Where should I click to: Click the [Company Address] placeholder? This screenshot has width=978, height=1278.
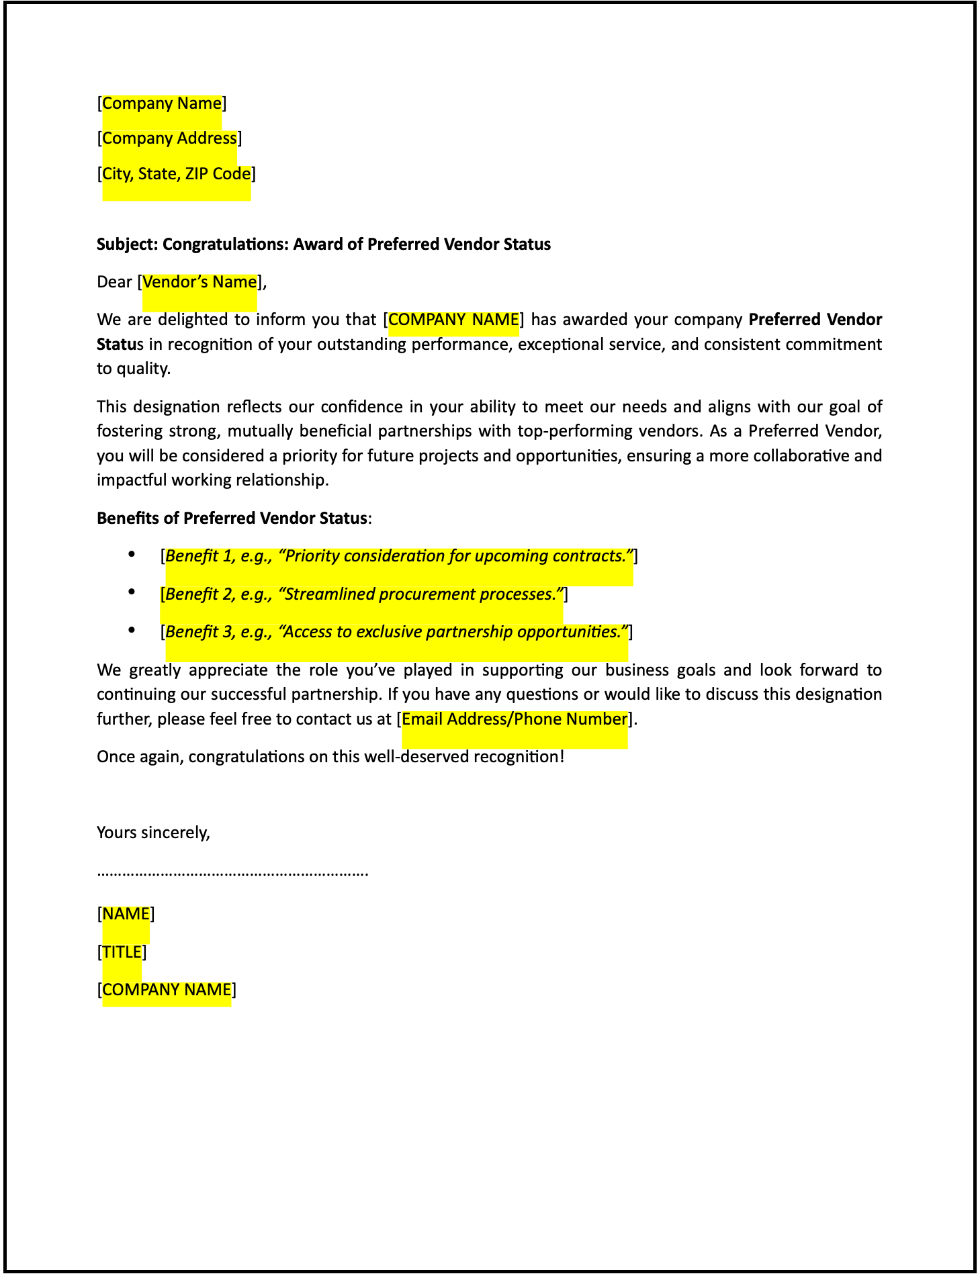click(169, 138)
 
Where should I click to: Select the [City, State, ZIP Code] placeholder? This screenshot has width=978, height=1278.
click(176, 174)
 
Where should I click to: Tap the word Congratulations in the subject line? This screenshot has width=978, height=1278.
click(226, 244)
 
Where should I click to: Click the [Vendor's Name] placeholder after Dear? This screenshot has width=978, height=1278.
click(199, 282)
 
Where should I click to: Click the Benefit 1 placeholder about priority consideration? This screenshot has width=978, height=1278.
click(399, 556)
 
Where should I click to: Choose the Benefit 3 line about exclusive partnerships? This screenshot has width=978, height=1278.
click(396, 632)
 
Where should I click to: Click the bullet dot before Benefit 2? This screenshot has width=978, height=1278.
click(132, 592)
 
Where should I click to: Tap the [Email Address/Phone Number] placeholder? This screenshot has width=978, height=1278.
click(515, 719)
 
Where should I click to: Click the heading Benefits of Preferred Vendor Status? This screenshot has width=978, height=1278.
click(232, 518)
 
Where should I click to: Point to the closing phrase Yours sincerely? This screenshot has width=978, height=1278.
click(154, 833)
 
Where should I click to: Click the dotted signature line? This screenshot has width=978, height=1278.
click(232, 874)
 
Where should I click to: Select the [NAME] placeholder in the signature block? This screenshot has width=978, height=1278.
click(126, 914)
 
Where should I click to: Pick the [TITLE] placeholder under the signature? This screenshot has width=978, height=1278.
click(122, 952)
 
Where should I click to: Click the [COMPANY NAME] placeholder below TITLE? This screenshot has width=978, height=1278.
click(167, 990)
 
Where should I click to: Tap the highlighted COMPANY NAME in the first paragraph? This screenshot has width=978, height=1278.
click(454, 320)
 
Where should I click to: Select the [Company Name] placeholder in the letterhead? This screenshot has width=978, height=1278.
click(162, 103)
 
